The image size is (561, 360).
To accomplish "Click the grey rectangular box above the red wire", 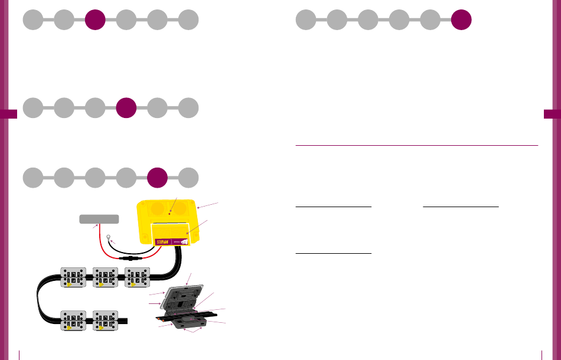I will pos(99,219).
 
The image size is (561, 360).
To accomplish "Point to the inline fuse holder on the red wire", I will pos(129,258).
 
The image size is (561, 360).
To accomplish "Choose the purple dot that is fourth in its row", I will pos(126,108).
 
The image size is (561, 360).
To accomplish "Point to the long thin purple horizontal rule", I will pos(416,145).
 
